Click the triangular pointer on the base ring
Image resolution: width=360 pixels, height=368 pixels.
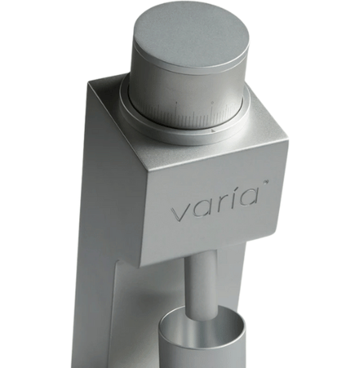pyautogui.click(x=212, y=130)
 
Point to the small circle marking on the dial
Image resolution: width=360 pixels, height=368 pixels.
pyautogui.click(x=212, y=102)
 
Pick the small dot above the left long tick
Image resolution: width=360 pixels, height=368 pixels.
pyautogui.click(x=176, y=102)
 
